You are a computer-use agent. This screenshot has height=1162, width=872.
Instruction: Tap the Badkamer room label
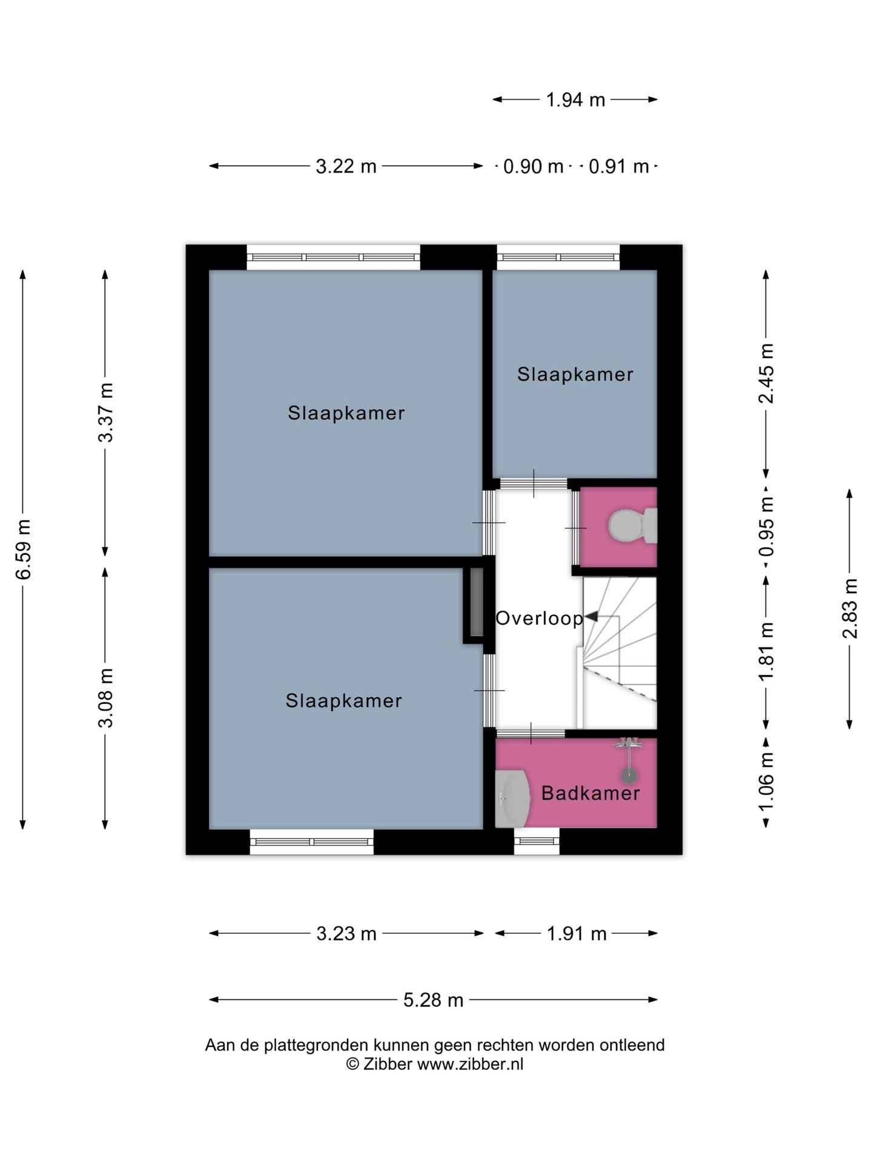click(x=590, y=793)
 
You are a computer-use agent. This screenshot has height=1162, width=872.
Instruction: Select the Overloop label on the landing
click(x=539, y=619)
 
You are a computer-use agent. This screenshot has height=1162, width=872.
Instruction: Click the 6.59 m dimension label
click(x=23, y=549)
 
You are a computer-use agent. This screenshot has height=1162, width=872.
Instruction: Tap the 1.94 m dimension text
click(x=575, y=100)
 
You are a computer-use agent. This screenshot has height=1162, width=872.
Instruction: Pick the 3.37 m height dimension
click(x=106, y=413)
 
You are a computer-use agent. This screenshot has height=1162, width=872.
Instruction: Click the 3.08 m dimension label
click(x=106, y=698)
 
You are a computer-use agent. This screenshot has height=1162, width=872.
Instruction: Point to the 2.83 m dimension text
click(x=850, y=609)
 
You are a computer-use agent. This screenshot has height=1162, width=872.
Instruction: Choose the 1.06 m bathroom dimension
click(x=767, y=782)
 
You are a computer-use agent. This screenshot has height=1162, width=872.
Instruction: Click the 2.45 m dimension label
click(x=767, y=373)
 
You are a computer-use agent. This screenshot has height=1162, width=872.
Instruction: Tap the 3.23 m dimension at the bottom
click(x=346, y=934)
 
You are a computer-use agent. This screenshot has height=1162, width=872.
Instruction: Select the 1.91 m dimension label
click(x=576, y=934)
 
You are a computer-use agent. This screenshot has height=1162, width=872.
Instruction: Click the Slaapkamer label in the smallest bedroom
click(x=575, y=374)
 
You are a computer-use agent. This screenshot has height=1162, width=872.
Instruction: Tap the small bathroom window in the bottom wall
click(x=537, y=841)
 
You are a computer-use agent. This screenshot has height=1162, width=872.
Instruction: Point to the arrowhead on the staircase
click(x=590, y=617)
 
